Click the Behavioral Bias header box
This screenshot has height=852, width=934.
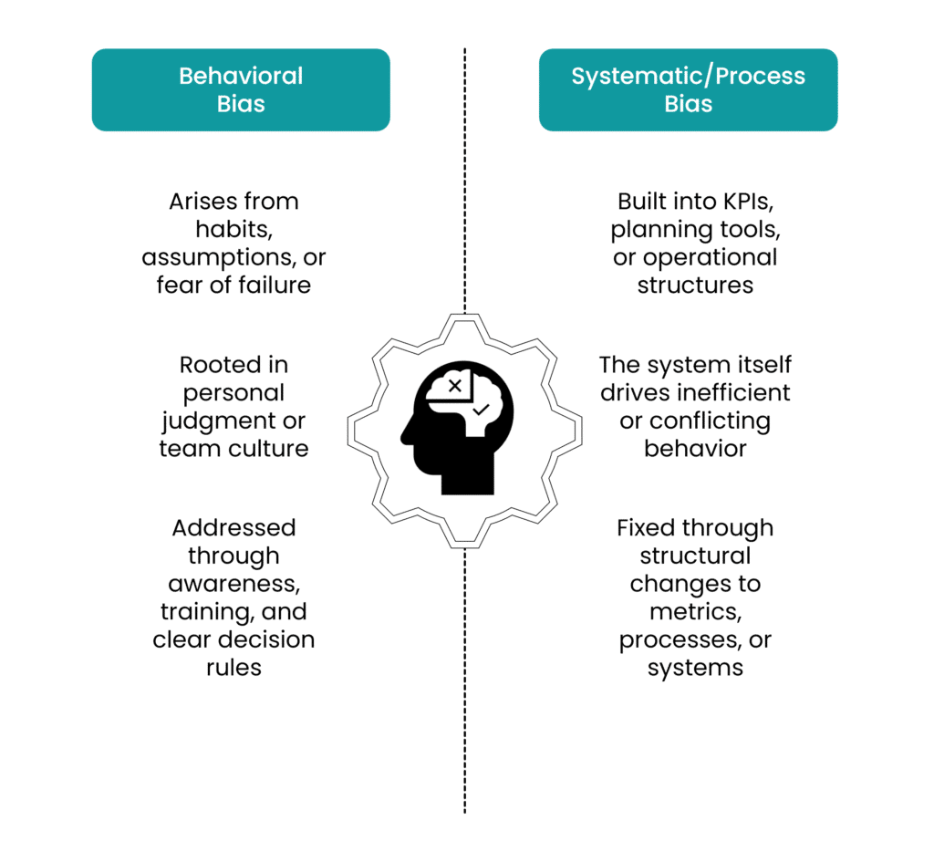click(x=241, y=89)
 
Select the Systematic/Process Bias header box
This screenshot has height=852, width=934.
click(x=688, y=89)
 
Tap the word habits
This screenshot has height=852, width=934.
click(x=233, y=229)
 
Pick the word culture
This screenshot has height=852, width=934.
click(x=271, y=449)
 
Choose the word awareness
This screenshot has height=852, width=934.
click(x=233, y=584)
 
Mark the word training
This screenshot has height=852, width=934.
click(x=202, y=611)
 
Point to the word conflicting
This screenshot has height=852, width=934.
click(x=709, y=421)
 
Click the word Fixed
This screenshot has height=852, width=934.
click(x=645, y=528)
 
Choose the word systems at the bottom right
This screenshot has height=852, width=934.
click(x=695, y=668)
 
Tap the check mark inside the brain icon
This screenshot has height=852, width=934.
click(x=481, y=410)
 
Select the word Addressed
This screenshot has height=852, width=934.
click(x=233, y=528)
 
